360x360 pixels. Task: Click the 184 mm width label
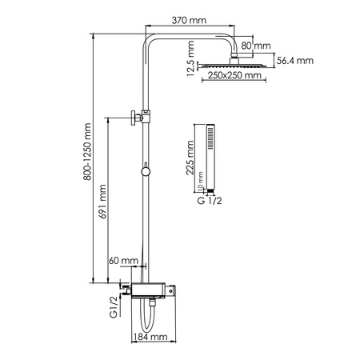click(x=152, y=338)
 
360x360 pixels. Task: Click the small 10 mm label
click(x=199, y=182)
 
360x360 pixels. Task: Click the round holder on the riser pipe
click(x=145, y=170)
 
